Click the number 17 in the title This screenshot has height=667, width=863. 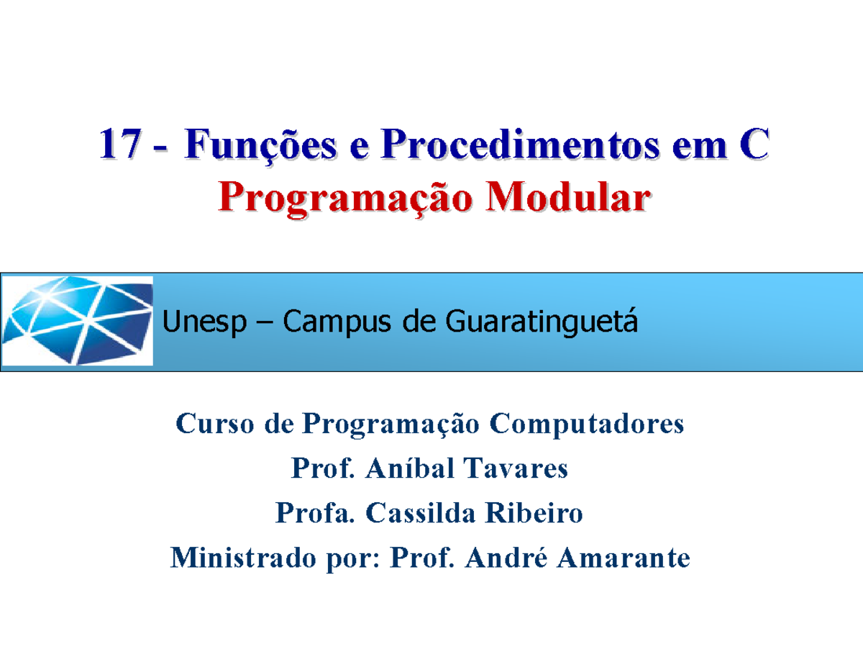coord(118,145)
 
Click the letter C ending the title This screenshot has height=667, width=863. coord(752,145)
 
